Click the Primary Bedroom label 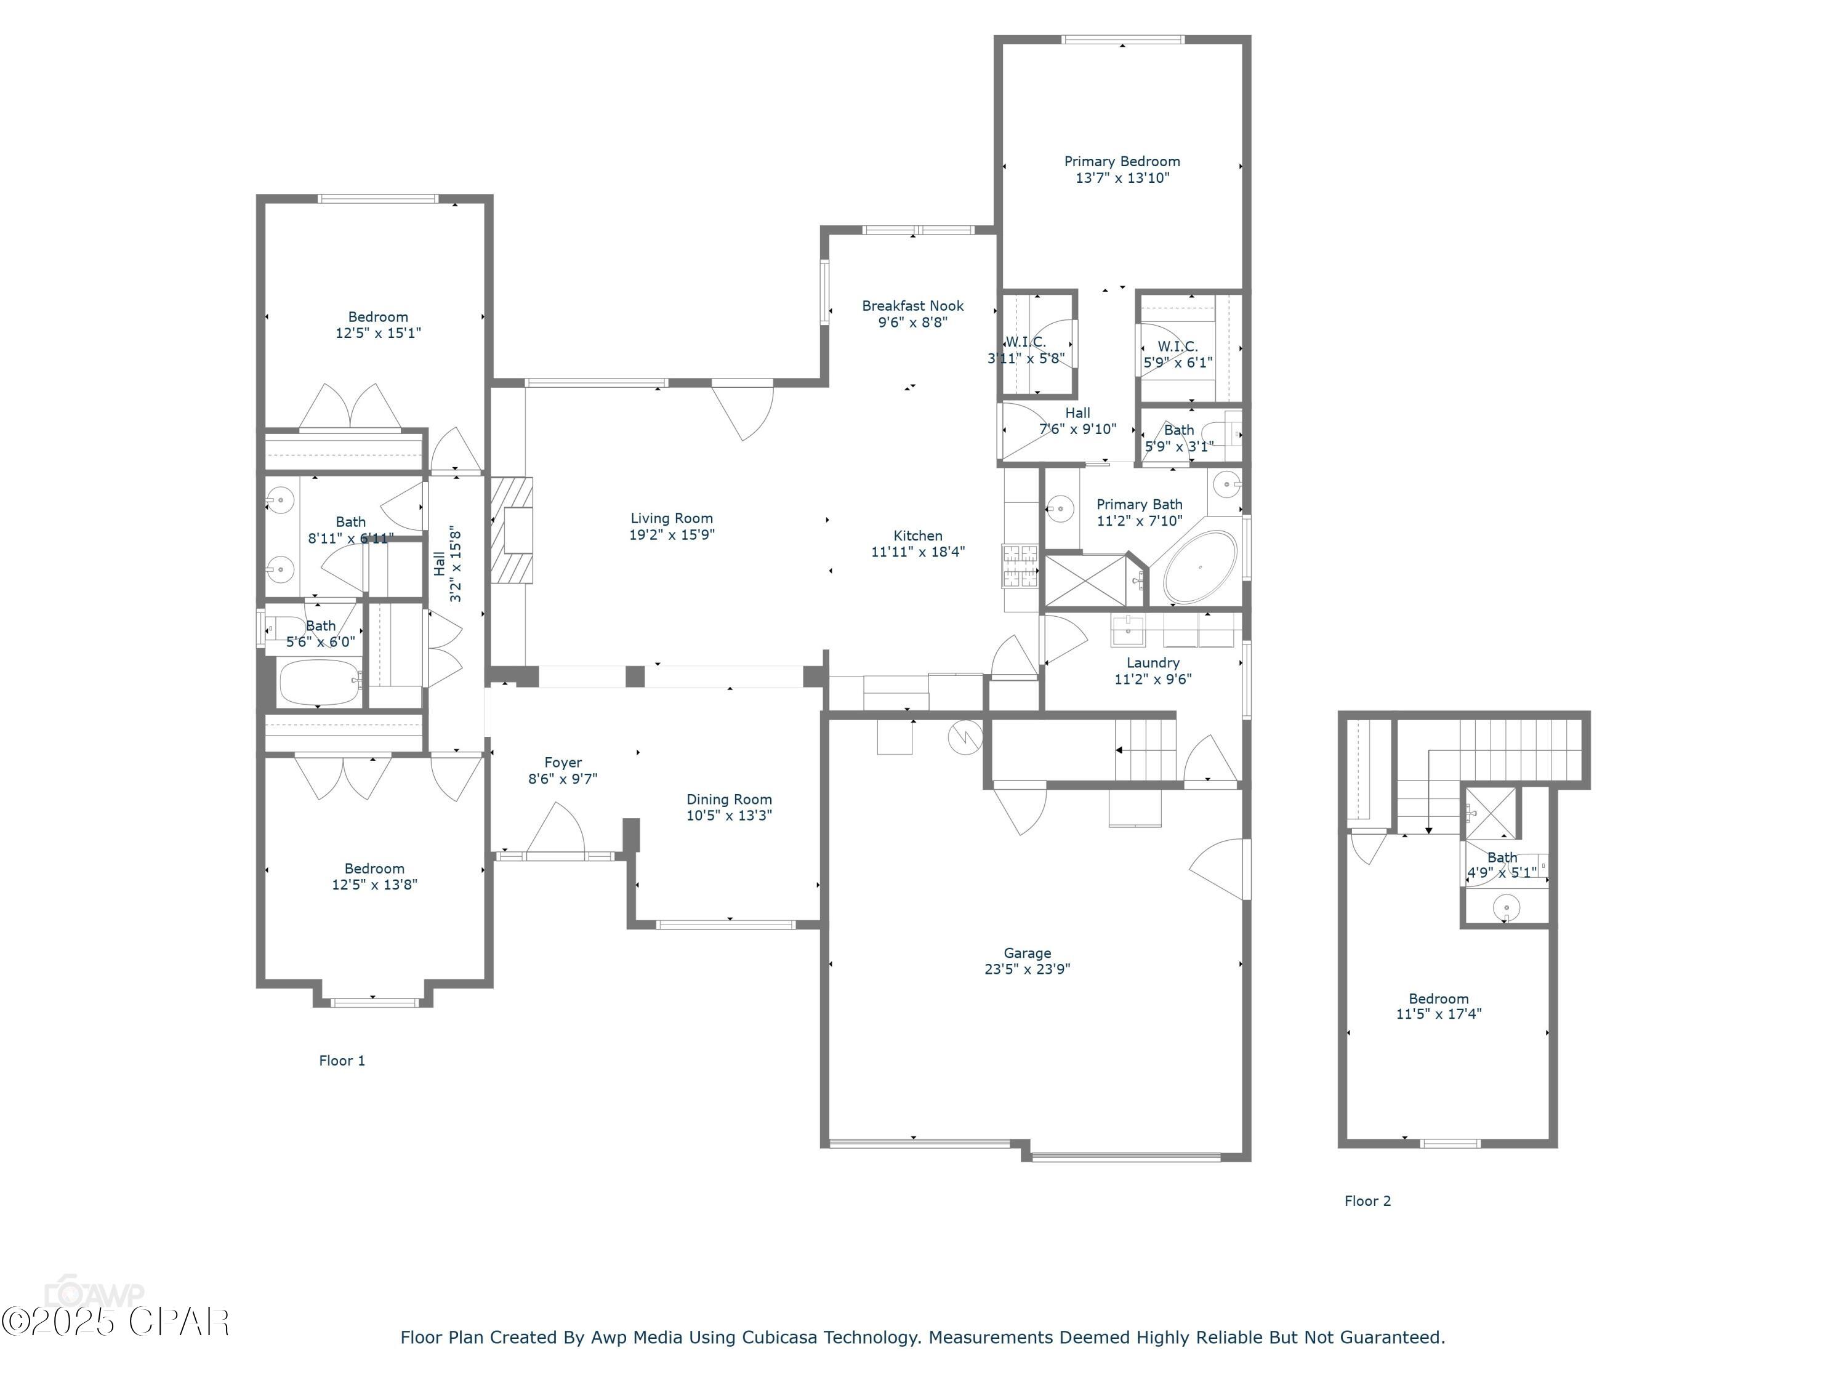point(1121,161)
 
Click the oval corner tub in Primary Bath point(1200,567)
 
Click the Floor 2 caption point(1367,1200)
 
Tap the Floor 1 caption point(342,1060)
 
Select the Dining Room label point(729,800)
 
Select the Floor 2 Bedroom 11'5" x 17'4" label point(1438,998)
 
